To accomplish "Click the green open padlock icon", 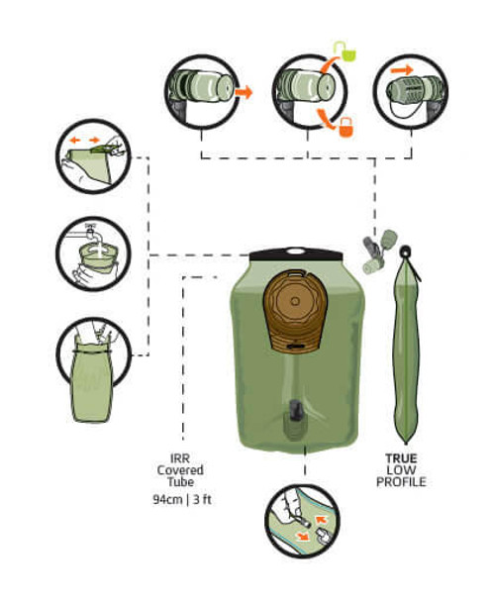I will coord(341,47).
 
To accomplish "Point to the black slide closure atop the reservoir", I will coord(296,256).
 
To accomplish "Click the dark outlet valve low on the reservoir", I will coord(296,415).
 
